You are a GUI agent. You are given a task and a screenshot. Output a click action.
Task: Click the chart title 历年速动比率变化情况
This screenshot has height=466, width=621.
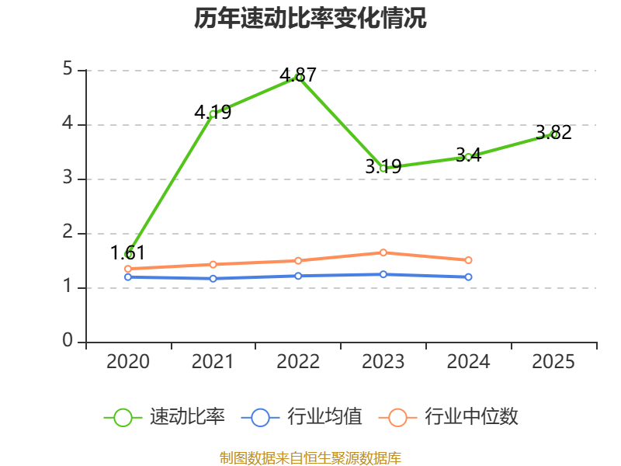310,18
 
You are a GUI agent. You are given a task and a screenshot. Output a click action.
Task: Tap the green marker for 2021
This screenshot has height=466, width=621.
213,114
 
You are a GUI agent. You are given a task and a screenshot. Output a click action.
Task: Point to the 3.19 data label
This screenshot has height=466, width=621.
383,166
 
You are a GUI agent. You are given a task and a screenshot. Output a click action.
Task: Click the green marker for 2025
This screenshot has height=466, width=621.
553,134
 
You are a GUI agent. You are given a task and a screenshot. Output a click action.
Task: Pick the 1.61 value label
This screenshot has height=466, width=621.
127,253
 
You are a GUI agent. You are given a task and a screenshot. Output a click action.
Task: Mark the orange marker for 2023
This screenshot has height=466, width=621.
383,252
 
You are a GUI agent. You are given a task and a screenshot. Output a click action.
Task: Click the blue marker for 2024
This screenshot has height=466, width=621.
469,277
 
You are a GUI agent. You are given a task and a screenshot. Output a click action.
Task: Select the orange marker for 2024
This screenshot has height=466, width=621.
469,260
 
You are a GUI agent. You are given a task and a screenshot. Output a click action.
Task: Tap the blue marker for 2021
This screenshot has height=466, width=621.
213,279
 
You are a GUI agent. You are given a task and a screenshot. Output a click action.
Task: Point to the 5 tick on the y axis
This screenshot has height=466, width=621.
68,69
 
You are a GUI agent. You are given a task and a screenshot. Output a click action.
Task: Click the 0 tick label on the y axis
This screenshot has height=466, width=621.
68,341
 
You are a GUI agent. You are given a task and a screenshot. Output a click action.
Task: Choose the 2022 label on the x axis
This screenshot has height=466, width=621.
298,361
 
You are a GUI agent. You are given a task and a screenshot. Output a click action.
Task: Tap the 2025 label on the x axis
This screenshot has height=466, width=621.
553,361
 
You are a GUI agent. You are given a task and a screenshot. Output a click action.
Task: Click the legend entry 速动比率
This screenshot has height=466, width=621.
165,417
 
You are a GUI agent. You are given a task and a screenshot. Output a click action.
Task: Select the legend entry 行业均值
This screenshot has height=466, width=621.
302,417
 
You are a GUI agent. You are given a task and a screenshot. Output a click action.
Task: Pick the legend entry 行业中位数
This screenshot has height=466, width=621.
449,417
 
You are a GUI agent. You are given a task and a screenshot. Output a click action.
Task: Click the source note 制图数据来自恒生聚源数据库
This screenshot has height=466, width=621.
310,457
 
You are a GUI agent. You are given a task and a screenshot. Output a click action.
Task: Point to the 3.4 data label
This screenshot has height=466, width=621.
469,155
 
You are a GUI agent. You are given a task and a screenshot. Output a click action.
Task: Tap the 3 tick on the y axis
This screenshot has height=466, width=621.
68,178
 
